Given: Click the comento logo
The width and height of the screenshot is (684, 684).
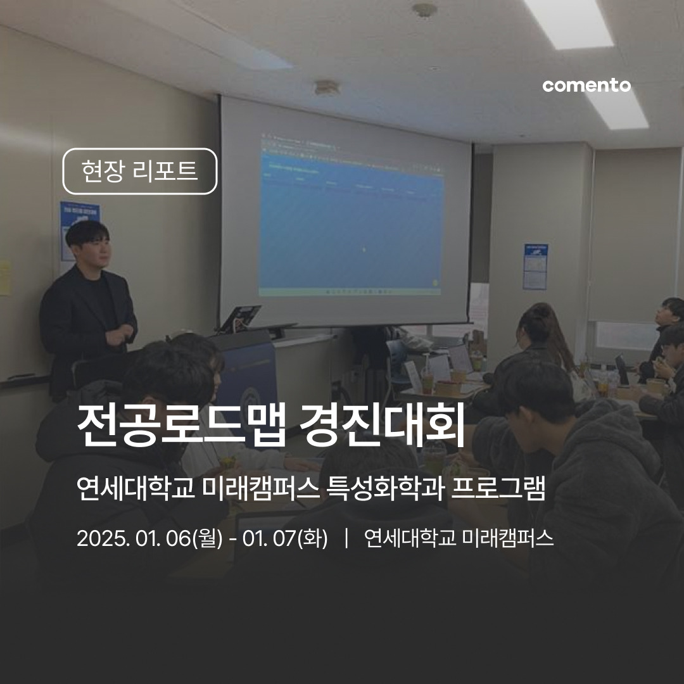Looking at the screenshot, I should (x=586, y=85).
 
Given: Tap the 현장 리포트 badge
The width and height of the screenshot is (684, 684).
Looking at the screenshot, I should (x=140, y=171).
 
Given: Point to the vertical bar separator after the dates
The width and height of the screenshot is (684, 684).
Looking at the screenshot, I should (x=346, y=539).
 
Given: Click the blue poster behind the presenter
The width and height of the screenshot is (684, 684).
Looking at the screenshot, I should (x=76, y=228).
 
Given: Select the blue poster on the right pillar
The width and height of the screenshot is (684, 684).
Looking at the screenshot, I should (x=535, y=266).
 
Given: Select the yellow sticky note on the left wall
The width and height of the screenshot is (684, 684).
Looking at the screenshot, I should (x=5, y=279).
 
